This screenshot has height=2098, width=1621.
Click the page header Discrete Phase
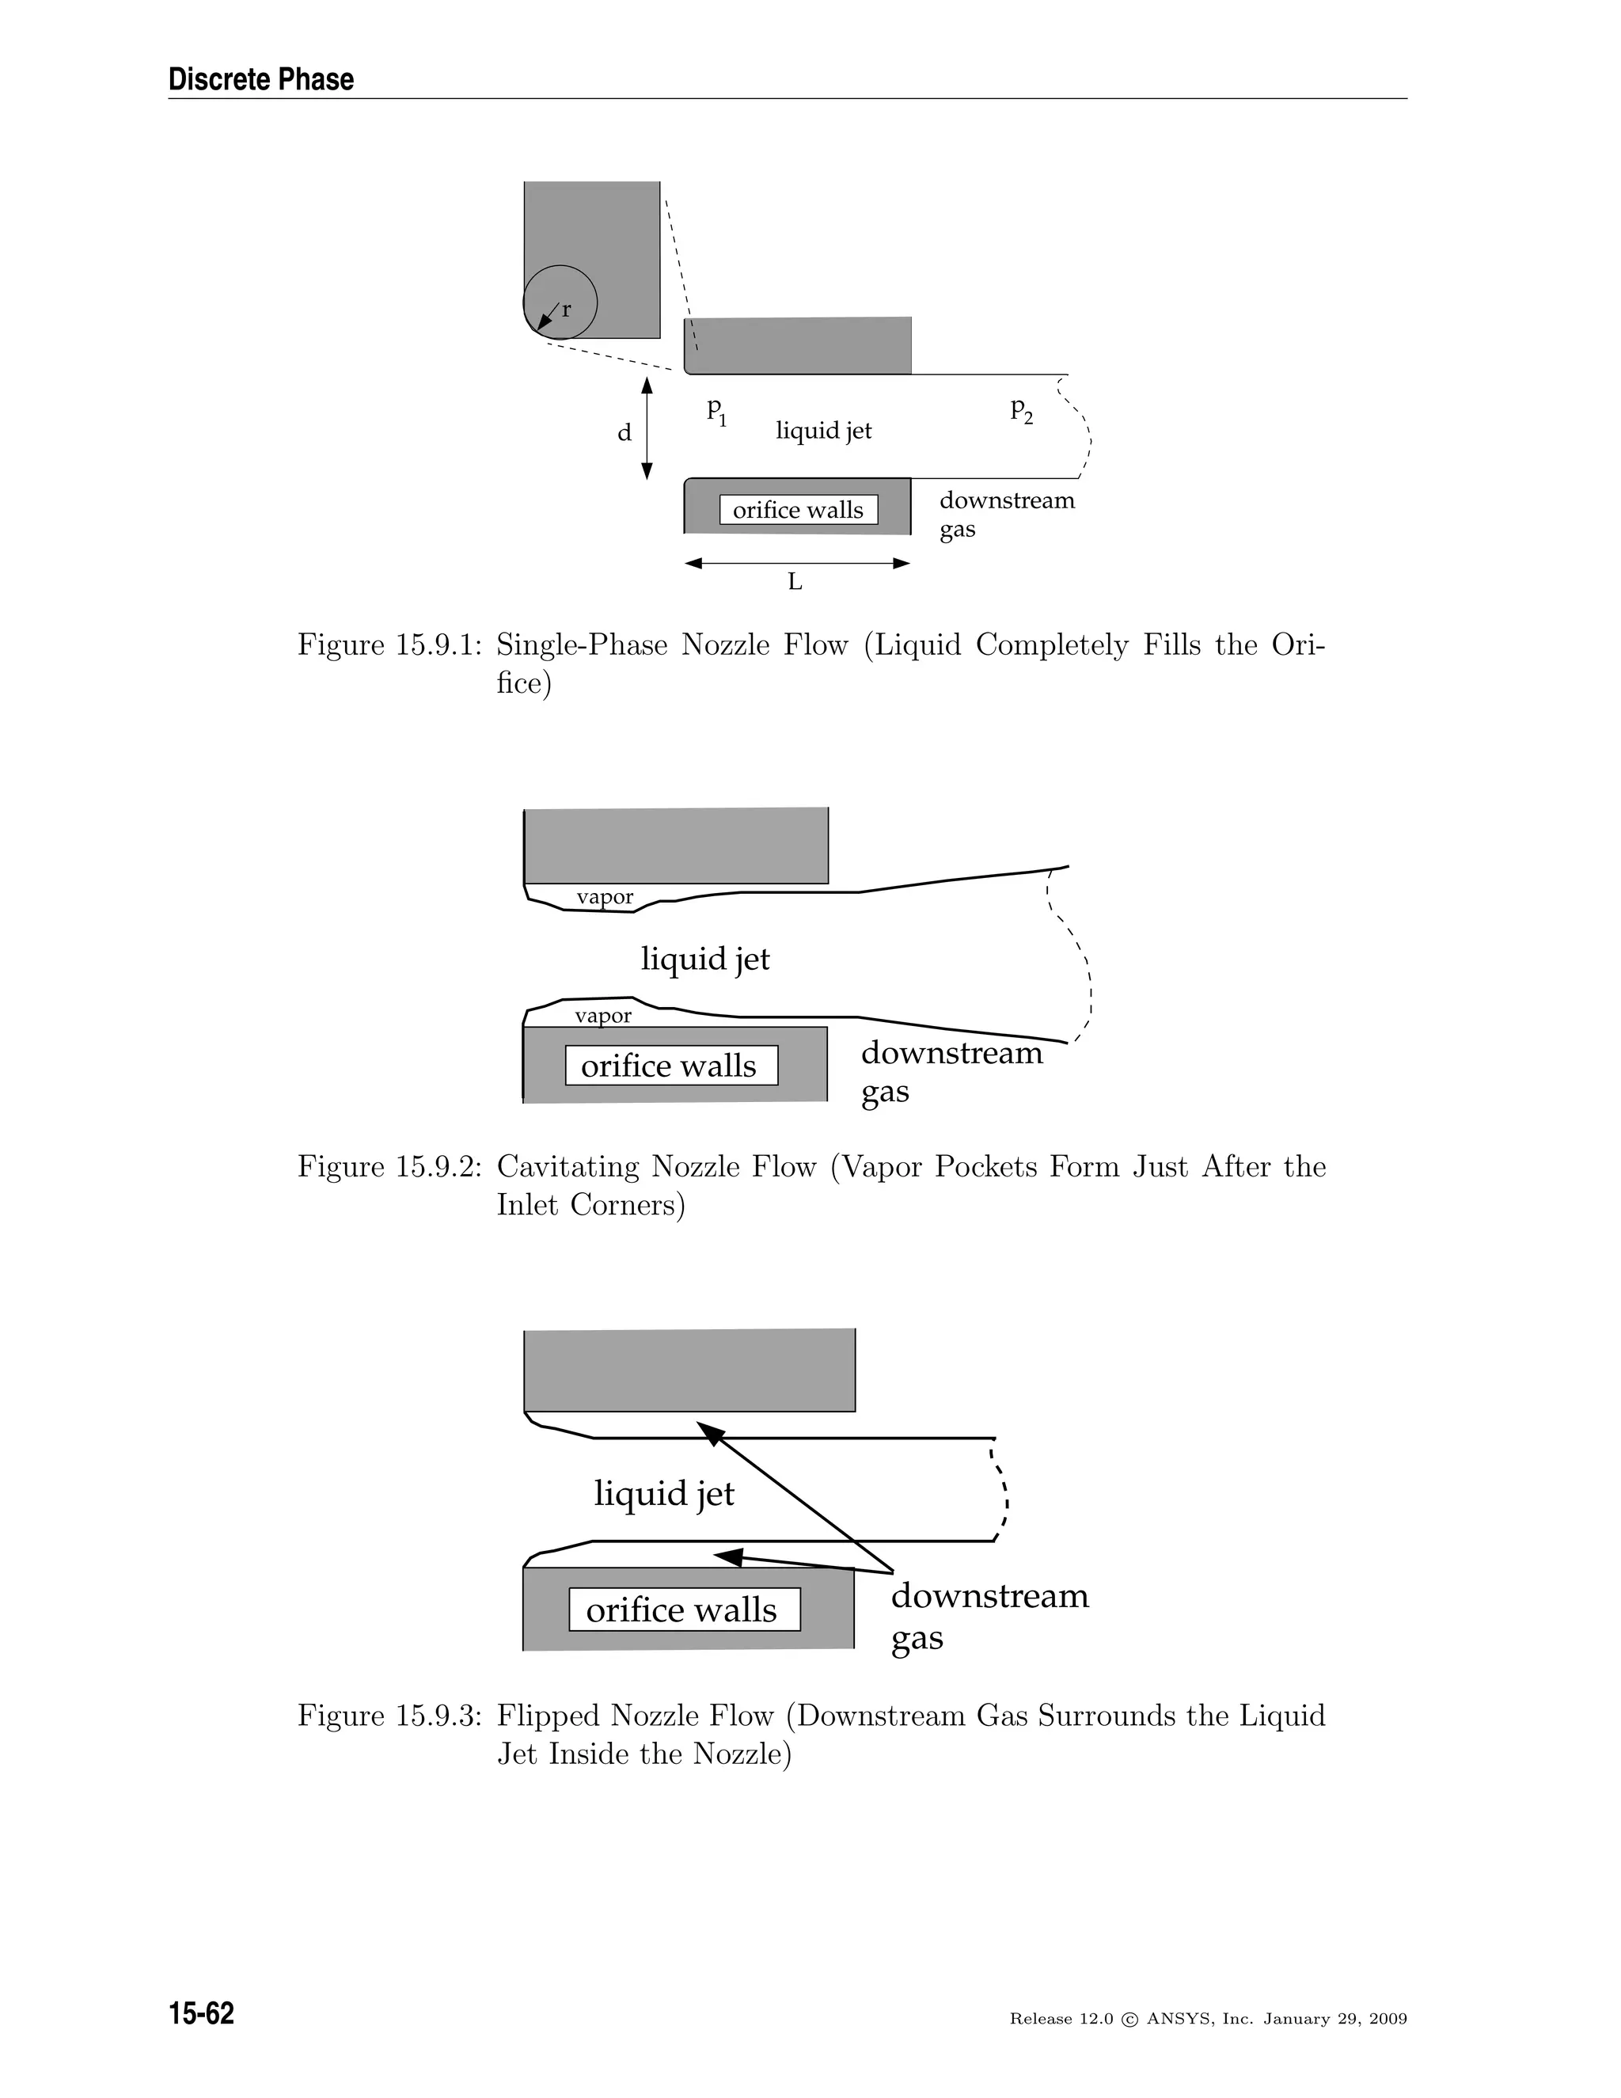260,78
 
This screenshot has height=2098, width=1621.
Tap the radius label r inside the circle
567,310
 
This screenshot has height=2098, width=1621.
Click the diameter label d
624,433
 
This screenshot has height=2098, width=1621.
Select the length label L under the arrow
795,582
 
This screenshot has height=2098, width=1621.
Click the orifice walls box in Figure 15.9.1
798,510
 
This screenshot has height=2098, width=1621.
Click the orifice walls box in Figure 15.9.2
670,1066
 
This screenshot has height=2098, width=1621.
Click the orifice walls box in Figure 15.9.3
684,1609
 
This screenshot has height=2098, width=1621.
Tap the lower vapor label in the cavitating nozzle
603,1017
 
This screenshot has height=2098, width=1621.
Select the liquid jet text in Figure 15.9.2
705,959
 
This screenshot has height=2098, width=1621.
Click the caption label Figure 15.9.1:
389,644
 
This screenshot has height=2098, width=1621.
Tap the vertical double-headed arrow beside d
647,428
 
